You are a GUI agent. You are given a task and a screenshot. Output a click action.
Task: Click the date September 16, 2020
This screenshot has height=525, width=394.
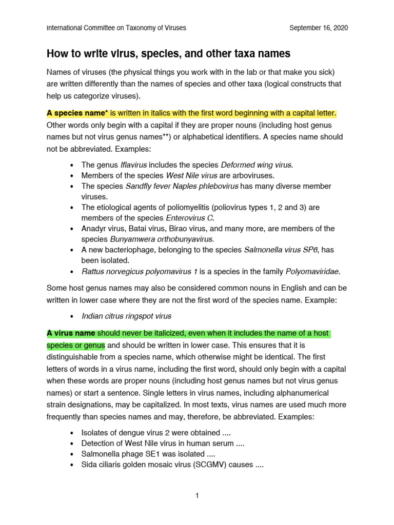click(318, 28)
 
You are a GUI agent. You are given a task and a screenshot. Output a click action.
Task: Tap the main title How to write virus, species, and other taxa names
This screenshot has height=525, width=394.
click(168, 53)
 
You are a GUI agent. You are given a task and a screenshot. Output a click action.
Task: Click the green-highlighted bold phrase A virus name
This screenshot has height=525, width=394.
click(71, 333)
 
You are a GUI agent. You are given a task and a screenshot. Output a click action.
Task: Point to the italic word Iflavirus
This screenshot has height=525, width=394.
click(133, 165)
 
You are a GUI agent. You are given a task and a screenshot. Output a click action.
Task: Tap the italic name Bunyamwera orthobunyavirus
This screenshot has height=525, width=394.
click(162, 239)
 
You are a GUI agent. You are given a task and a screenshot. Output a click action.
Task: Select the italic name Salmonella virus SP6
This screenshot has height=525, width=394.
click(281, 250)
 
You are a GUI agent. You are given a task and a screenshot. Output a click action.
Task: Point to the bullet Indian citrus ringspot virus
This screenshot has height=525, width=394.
click(126, 316)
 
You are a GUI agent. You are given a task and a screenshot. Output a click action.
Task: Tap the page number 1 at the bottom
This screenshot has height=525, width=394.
click(197, 495)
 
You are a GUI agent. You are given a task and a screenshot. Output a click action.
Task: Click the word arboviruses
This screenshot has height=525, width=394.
click(249, 175)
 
